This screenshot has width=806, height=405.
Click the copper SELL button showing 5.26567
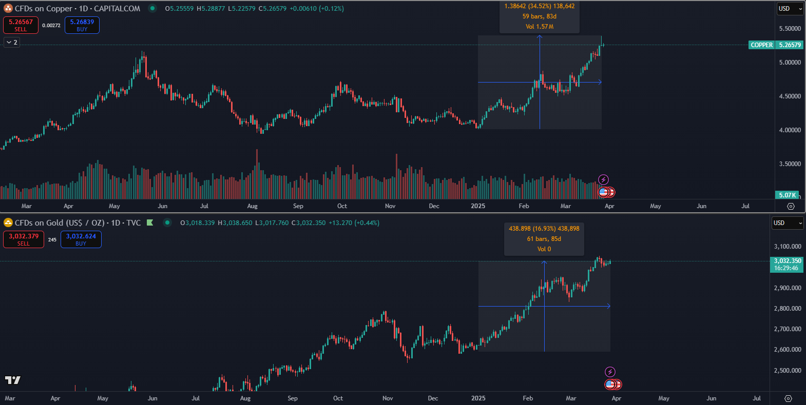(21, 25)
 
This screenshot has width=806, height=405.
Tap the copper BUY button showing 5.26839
(82, 25)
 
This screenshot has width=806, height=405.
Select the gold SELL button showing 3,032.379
(24, 239)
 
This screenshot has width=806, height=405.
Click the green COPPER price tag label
(761, 45)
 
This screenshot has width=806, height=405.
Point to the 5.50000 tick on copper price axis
(790, 29)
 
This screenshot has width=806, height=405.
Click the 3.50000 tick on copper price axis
(790, 164)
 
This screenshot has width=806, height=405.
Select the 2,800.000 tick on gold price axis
(788, 309)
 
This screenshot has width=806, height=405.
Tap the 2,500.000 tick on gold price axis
(788, 371)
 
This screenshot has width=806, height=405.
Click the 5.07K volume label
(787, 195)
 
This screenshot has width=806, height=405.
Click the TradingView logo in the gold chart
(12, 380)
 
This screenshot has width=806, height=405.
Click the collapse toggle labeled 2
(12, 43)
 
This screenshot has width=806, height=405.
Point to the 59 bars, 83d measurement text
(539, 16)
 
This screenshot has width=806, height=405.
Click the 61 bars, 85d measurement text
(544, 239)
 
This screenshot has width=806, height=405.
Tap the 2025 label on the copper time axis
(477, 206)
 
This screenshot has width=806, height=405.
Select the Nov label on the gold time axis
(388, 398)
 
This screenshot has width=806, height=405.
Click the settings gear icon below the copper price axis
(791, 206)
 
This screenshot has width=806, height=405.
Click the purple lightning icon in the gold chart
(610, 372)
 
